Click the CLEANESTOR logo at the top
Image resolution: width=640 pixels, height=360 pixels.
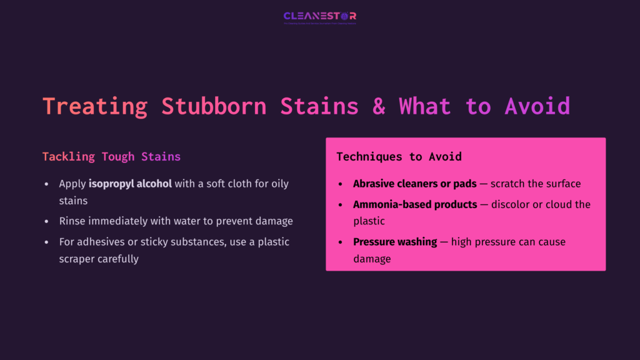click(319, 16)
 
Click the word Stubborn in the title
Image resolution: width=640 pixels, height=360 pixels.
click(214, 106)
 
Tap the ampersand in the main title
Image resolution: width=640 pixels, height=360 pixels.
click(379, 106)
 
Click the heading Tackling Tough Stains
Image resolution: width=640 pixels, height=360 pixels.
click(111, 156)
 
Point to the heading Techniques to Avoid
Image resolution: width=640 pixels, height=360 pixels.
click(399, 156)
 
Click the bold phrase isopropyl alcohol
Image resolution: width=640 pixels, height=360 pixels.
click(130, 184)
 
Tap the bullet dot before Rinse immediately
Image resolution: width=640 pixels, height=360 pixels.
click(46, 221)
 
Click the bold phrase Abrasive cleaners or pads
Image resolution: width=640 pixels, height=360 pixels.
click(415, 184)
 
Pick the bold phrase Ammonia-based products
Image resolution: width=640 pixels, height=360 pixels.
click(415, 204)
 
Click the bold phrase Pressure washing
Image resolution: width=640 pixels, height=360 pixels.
click(395, 242)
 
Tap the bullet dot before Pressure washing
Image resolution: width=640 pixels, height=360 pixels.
click(340, 242)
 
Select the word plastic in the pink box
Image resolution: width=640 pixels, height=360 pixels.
click(369, 221)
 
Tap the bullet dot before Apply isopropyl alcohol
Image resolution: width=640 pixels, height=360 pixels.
click(46, 184)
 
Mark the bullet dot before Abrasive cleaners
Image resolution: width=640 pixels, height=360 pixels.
click(340, 184)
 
